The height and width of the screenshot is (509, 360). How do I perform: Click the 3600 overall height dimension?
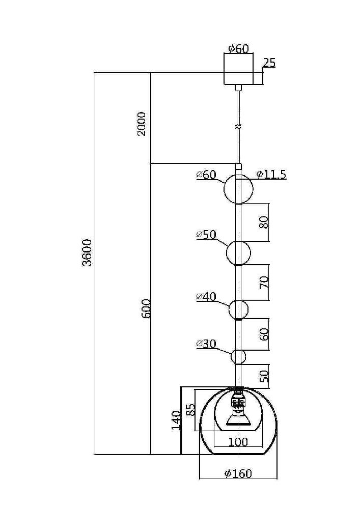[87, 252]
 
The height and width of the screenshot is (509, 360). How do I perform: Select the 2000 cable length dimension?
[142, 123]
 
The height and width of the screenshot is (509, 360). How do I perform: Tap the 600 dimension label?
[146, 308]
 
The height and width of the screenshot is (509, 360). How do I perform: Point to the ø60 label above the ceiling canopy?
[238, 49]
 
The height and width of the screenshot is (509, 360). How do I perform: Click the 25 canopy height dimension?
[269, 63]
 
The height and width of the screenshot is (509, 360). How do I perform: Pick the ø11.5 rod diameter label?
[271, 175]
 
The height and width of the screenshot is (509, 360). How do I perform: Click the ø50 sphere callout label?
[206, 235]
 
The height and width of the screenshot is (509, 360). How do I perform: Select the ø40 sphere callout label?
[206, 297]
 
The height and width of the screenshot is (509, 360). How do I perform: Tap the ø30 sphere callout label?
[206, 344]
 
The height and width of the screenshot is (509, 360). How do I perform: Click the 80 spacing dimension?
[263, 222]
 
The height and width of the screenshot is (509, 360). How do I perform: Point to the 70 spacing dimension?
[263, 283]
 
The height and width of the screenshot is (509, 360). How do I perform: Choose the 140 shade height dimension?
[176, 420]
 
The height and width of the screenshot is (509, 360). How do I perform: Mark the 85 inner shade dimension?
[190, 409]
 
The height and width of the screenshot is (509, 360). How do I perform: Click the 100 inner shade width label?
[238, 442]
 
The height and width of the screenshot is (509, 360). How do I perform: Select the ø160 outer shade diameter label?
[238, 473]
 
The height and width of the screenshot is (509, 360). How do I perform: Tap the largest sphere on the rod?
[238, 189]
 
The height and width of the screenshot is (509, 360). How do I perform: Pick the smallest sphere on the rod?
[238, 357]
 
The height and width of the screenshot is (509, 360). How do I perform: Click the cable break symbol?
[238, 125]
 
